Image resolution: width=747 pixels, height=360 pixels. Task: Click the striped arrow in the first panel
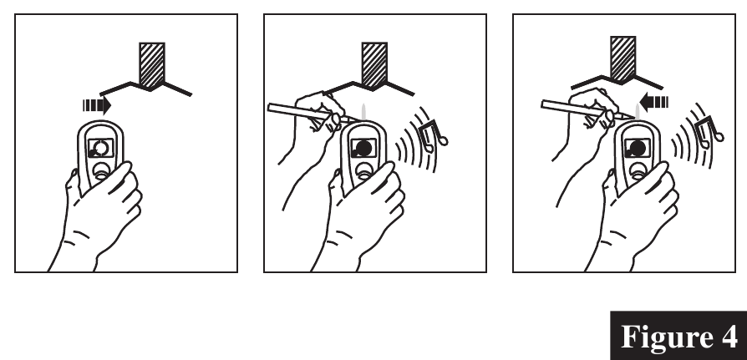coord(97,105)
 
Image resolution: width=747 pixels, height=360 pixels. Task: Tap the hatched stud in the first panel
coord(152,65)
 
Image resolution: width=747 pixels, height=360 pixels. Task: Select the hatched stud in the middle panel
coord(374,65)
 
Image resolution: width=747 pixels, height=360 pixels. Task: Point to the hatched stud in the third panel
coord(623,59)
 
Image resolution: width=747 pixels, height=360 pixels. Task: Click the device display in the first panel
coord(101,148)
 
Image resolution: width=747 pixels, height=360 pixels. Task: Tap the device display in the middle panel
coord(363,148)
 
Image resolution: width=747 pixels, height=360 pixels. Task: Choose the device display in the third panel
coord(637,148)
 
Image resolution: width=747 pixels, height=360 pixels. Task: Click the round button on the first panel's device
coord(101,170)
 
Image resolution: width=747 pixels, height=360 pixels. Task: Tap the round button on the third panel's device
coord(638,170)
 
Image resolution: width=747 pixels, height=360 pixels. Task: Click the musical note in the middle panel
coord(433,135)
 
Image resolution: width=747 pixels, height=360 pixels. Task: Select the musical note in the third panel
coord(709,132)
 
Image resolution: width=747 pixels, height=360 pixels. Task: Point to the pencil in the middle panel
coord(312,114)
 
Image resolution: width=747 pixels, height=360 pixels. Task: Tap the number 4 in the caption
coord(729,336)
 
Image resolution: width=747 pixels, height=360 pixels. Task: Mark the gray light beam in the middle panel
coord(364,112)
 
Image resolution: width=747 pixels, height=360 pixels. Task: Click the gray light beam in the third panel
coord(638,112)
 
